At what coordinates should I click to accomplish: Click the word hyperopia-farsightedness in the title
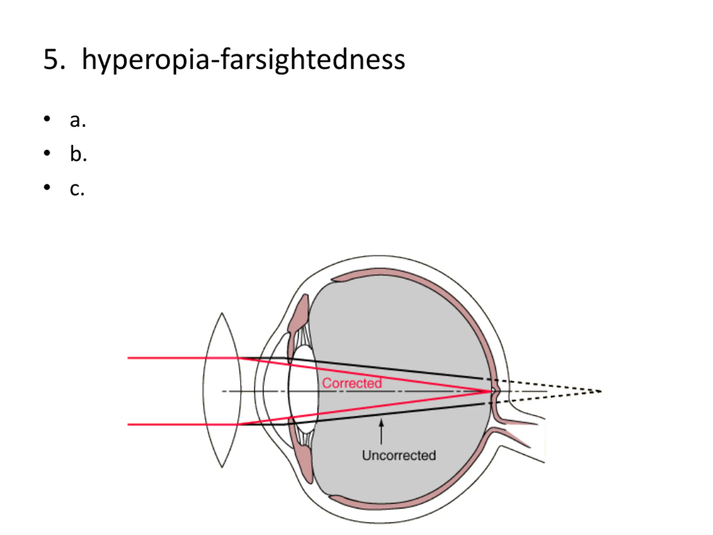pos(243,60)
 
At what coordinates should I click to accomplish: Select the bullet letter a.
pos(78,121)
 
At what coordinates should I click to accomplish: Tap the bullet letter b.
pos(78,154)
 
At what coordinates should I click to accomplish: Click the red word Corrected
pos(352,383)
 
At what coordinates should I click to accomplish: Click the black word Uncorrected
pos(399,455)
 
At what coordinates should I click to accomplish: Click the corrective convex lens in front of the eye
pos(222,390)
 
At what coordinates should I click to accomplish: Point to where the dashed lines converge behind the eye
pos(600,391)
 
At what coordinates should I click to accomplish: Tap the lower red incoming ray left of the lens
pos(168,425)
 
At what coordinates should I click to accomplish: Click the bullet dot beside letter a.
pos(47,119)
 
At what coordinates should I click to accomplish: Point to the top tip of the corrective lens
pos(222,313)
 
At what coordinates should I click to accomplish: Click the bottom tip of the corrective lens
pos(222,467)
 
